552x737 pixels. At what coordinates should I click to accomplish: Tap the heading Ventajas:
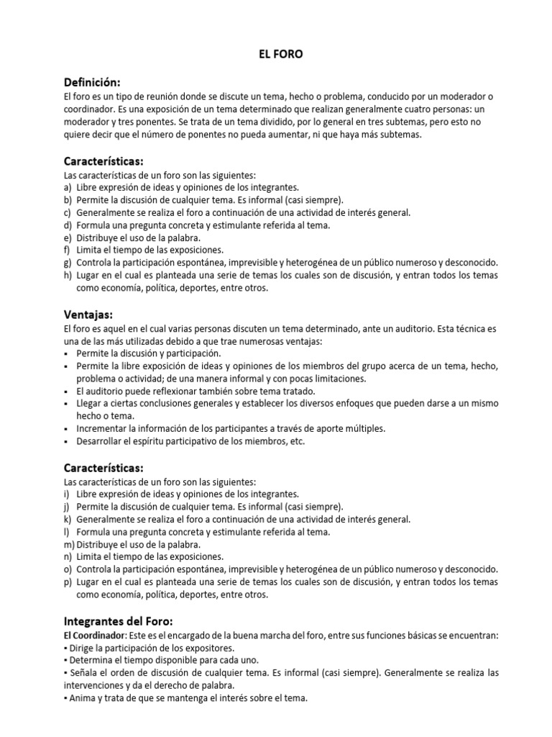[88, 315]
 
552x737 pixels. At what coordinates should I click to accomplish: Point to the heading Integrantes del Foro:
[119, 621]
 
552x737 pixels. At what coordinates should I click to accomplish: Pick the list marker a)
[68, 187]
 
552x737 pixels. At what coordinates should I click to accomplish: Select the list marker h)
[68, 275]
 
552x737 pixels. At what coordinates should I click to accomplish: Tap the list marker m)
[69, 543]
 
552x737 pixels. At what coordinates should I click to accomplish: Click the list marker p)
[68, 582]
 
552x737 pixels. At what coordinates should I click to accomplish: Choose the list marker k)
[68, 518]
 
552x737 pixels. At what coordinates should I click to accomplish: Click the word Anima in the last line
[82, 697]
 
